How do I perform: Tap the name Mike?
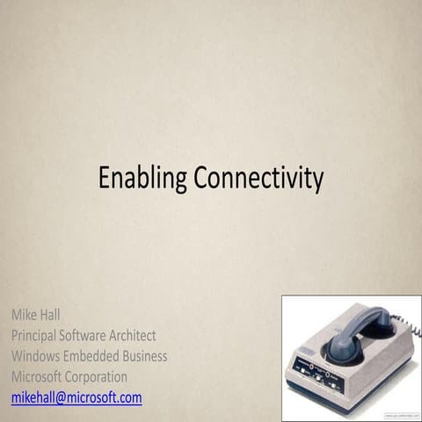(x=25, y=314)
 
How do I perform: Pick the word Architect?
(x=157, y=335)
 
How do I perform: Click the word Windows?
(x=39, y=356)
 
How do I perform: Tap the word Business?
(x=147, y=356)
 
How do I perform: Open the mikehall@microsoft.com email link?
(x=76, y=398)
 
